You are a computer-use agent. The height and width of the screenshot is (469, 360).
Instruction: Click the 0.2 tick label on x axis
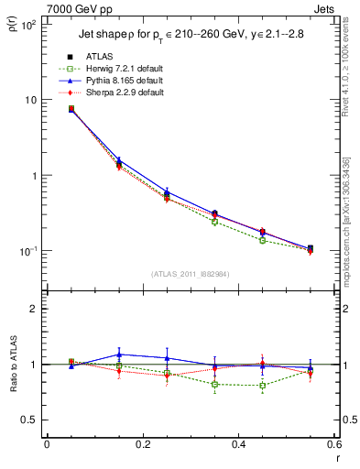(x=142, y=444)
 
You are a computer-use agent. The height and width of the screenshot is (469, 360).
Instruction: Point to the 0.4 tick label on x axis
(x=238, y=444)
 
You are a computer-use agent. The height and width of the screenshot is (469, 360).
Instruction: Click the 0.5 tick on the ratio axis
(x=31, y=420)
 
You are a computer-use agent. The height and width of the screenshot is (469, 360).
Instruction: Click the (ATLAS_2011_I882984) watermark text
(x=190, y=273)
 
